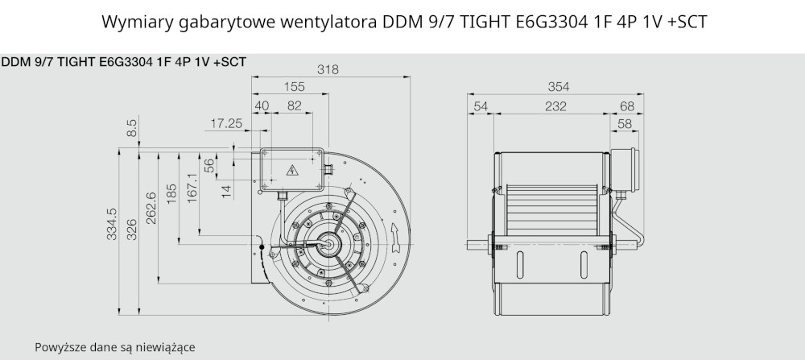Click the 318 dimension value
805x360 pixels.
pyautogui.click(x=328, y=70)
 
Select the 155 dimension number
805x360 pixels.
pyautogui.click(x=294, y=87)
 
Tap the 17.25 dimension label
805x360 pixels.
pyautogui.click(x=226, y=123)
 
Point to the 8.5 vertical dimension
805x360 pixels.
pyautogui.click(x=131, y=128)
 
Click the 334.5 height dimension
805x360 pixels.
pyautogui.click(x=112, y=224)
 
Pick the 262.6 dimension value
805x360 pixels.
pyautogui.click(x=151, y=208)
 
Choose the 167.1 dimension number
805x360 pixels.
pyautogui.click(x=192, y=188)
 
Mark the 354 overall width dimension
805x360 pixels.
pyautogui.click(x=559, y=87)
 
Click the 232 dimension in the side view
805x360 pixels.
pyautogui.click(x=555, y=106)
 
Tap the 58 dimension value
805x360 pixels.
pyautogui.click(x=625, y=124)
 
